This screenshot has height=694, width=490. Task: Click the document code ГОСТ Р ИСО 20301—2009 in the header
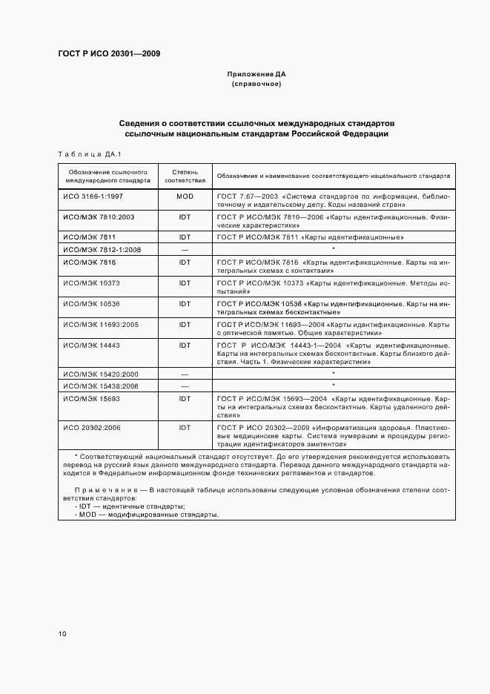point(109,54)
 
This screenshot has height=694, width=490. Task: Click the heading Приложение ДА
point(256,75)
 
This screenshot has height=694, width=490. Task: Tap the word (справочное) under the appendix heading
point(256,85)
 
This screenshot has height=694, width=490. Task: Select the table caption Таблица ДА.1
point(89,154)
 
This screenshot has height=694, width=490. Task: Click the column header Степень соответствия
point(185,175)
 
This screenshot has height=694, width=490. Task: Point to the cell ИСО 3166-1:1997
point(93,196)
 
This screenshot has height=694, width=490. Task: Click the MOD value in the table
point(185,196)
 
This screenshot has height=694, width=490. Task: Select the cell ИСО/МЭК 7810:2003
point(99,217)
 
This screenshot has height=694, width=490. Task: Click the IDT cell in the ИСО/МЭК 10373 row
point(185,282)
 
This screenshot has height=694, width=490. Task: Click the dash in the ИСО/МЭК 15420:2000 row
point(185,374)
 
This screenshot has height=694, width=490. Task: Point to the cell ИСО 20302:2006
point(94,428)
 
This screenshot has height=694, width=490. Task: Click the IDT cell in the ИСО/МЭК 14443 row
point(185,345)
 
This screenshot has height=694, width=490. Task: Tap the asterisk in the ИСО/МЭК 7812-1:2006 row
point(334,249)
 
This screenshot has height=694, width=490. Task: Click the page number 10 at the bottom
point(62,633)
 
